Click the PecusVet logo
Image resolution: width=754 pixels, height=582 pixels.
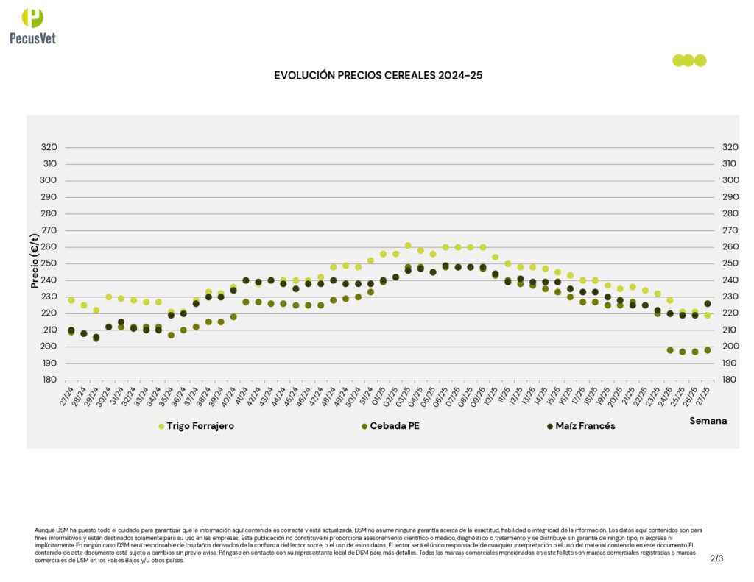pyautogui.click(x=32, y=25)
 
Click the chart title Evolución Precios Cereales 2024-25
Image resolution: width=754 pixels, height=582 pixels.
pyautogui.click(x=378, y=75)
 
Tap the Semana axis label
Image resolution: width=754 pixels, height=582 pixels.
pyautogui.click(x=708, y=421)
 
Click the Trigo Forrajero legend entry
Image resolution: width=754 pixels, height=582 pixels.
pyautogui.click(x=200, y=426)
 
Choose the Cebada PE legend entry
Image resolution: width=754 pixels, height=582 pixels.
pyautogui.click(x=394, y=426)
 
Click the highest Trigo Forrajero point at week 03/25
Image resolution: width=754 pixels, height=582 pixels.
pyautogui.click(x=408, y=246)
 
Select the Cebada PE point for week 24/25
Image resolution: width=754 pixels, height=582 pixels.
pyautogui.click(x=670, y=350)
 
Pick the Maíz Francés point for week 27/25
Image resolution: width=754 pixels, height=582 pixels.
pyautogui.click(x=708, y=303)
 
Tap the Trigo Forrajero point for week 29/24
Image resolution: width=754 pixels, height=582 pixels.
pyautogui.click(x=96, y=310)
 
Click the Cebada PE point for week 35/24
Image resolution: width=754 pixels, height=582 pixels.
pyautogui.click(x=171, y=335)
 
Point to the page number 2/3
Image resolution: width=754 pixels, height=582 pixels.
pyautogui.click(x=716, y=558)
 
